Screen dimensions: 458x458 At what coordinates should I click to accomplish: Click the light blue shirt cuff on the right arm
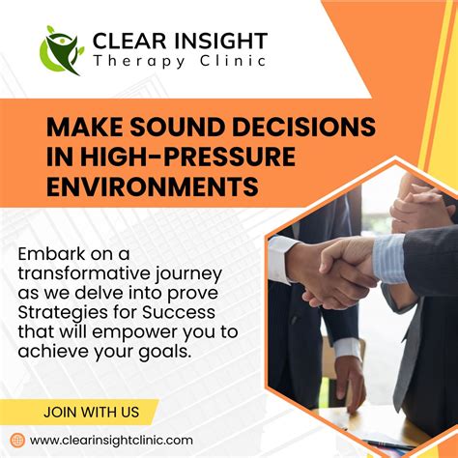pyautogui.click(x=388, y=259)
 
